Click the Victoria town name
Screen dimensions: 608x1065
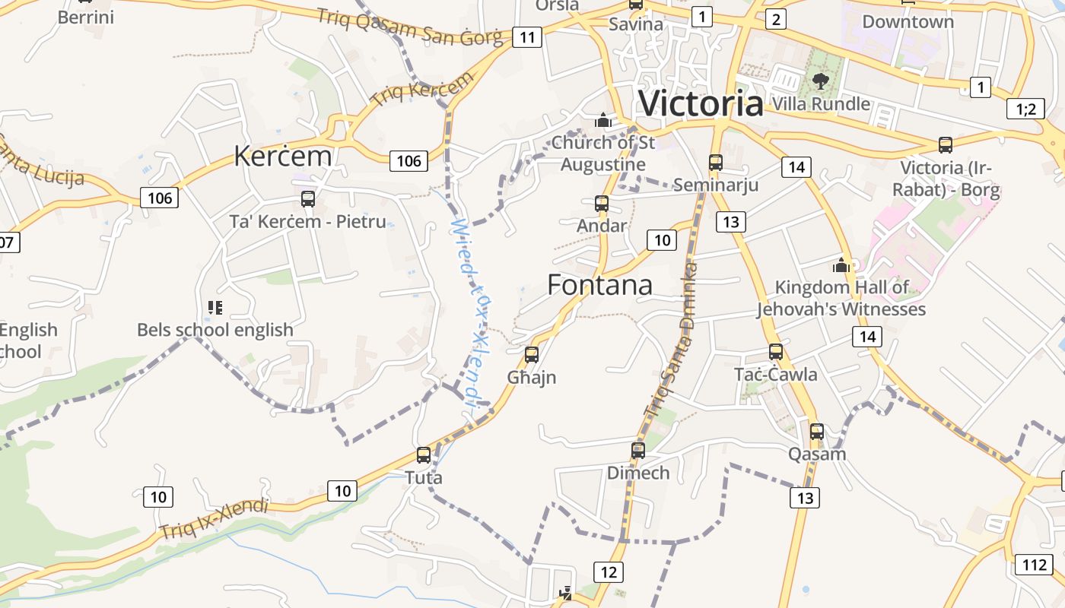(x=701, y=103)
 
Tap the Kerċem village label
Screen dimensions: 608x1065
(x=282, y=156)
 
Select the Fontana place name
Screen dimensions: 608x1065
(x=599, y=285)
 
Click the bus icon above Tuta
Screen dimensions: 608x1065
(x=424, y=455)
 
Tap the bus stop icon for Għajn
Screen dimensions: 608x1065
(x=532, y=354)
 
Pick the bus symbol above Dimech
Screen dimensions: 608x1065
(x=638, y=450)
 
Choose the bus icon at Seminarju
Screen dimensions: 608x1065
(x=716, y=162)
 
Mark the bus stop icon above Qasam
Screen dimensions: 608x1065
(x=817, y=431)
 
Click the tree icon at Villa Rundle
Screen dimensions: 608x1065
(x=820, y=81)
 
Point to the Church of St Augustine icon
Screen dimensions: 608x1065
(x=603, y=120)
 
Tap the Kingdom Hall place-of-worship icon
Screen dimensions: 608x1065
(x=841, y=265)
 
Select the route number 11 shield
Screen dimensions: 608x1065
(x=526, y=36)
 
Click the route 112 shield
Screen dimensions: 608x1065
(x=1034, y=564)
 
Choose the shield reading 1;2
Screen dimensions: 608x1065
(x=1025, y=109)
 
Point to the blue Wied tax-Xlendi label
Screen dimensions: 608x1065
(x=472, y=315)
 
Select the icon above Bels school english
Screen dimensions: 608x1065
(x=215, y=307)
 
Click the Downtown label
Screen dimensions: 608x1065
(x=908, y=21)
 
